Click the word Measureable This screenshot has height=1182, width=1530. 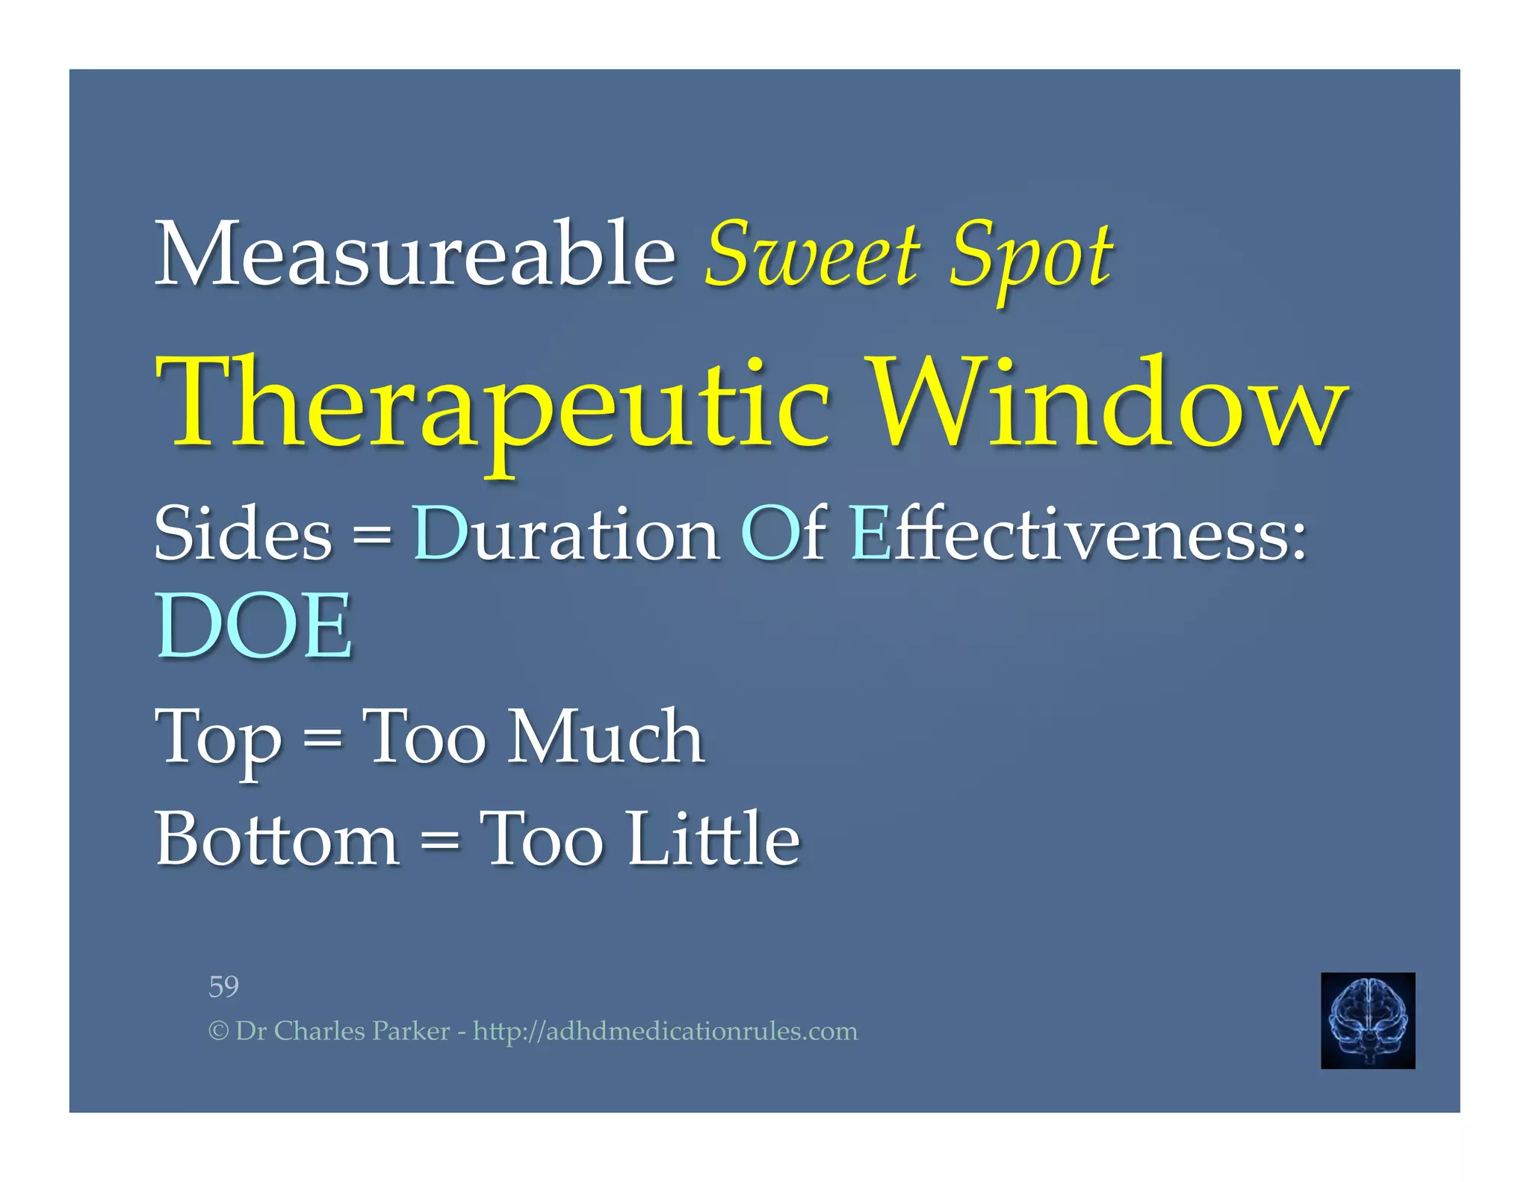[x=415, y=254]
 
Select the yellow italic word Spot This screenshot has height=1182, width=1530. [x=1031, y=258]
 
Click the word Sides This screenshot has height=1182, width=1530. [x=243, y=533]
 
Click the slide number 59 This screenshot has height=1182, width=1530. [x=223, y=986]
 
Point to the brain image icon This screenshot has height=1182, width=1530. [x=1367, y=1020]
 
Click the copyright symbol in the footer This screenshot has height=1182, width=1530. [x=218, y=1032]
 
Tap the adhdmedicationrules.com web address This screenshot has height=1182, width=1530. [x=665, y=1032]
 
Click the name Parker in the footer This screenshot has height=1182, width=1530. [x=411, y=1032]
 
